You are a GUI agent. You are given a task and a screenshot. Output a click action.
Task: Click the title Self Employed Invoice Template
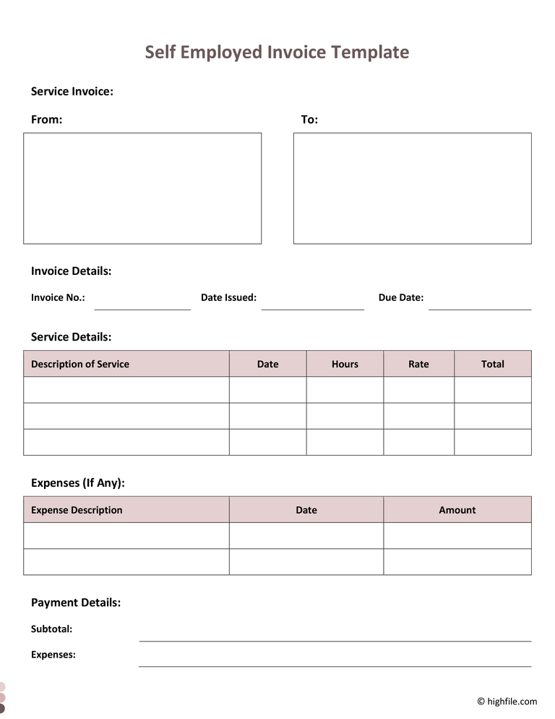(x=277, y=52)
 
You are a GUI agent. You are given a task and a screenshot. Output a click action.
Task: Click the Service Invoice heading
(x=72, y=91)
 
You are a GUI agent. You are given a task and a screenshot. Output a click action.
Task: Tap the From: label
(x=46, y=119)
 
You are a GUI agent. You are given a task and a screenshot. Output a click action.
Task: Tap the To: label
(x=309, y=119)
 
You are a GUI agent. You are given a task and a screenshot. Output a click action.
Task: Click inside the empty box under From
(x=142, y=188)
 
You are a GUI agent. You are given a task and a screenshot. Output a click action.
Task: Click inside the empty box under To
(x=412, y=188)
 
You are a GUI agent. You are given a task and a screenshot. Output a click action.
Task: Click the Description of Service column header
(x=80, y=364)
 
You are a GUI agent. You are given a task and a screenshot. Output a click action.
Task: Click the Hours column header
(x=345, y=364)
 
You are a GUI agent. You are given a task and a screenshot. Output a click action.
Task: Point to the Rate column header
(x=418, y=364)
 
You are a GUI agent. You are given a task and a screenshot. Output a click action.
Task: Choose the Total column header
(x=493, y=364)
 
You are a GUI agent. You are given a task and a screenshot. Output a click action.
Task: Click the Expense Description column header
(x=77, y=510)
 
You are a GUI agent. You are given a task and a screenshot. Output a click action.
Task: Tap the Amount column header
(x=457, y=510)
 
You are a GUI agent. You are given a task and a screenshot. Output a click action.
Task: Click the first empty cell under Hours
(x=345, y=390)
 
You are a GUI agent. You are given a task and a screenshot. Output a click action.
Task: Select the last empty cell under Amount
(x=457, y=562)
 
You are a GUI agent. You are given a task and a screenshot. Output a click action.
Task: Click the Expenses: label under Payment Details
(x=53, y=655)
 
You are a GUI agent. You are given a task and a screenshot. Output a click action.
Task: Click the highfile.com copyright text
(x=507, y=701)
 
